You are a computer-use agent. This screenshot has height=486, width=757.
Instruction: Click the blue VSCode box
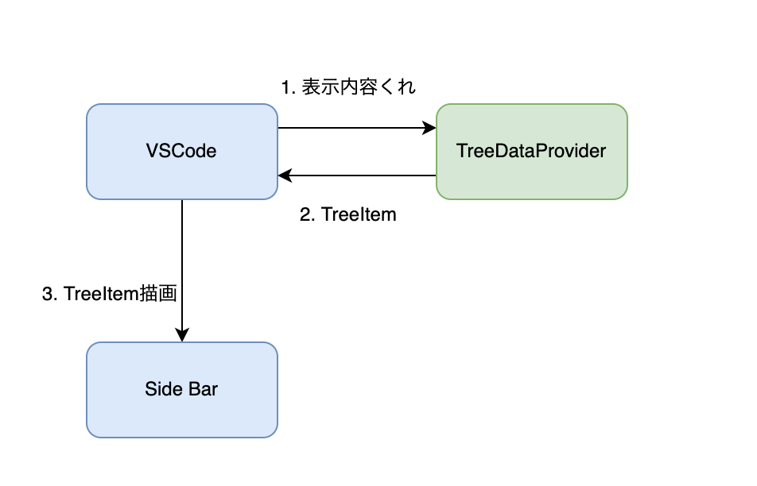point(181,151)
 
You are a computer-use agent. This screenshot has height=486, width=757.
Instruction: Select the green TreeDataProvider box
point(531,151)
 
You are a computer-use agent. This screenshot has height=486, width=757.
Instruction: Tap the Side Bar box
point(181,389)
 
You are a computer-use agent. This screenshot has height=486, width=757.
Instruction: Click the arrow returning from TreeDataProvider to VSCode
point(358,175)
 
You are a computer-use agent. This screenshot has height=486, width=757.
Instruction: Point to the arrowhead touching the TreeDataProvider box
point(430,127)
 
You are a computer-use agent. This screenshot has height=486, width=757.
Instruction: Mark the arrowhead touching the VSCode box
point(284,175)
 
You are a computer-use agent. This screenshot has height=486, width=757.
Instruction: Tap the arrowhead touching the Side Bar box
point(182,336)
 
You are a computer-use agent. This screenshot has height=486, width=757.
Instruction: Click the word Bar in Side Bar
point(203,389)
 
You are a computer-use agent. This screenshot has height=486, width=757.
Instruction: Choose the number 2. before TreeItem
point(308,214)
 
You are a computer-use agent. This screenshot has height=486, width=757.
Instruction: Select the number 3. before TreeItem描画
point(49,294)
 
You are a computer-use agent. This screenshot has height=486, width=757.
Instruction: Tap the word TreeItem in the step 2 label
point(359,214)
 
